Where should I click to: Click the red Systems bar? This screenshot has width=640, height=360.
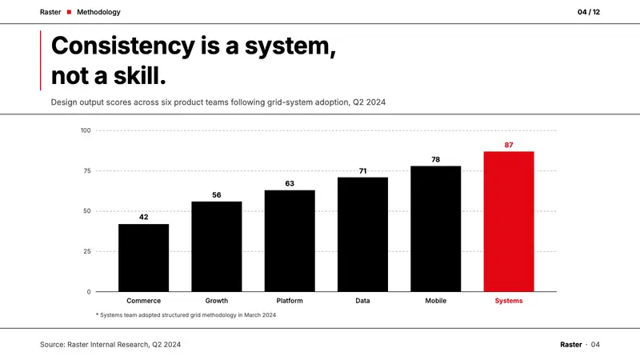coord(509,222)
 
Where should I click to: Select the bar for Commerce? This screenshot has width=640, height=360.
coord(144,258)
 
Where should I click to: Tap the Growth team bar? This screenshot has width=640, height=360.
coord(217,246)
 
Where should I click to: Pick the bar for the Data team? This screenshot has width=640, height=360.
coord(363,234)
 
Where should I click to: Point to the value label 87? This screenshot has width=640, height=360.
coord(509,145)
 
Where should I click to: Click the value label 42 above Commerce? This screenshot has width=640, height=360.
coord(144,217)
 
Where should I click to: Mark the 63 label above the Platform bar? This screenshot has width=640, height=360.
coord(290,184)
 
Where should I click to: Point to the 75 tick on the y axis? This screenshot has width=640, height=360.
coord(87,171)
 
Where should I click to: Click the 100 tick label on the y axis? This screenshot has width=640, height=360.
coord(86,130)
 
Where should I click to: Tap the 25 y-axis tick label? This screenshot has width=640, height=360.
coord(87,251)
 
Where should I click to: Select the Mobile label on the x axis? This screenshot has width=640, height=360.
coord(436,301)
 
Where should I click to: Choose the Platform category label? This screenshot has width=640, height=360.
coord(290,301)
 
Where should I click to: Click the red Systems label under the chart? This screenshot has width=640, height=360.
coord(509,301)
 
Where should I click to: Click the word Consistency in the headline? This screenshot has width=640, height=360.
coord(123,46)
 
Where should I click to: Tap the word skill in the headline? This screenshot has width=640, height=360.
coord(139,76)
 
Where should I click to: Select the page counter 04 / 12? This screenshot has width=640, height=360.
coord(589,12)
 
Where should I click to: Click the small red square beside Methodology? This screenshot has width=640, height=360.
coord(69,12)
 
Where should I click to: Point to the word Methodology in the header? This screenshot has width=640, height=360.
coord(98,12)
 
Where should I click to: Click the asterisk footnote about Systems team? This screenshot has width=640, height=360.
coord(186,315)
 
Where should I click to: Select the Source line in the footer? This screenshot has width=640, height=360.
coord(110,345)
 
